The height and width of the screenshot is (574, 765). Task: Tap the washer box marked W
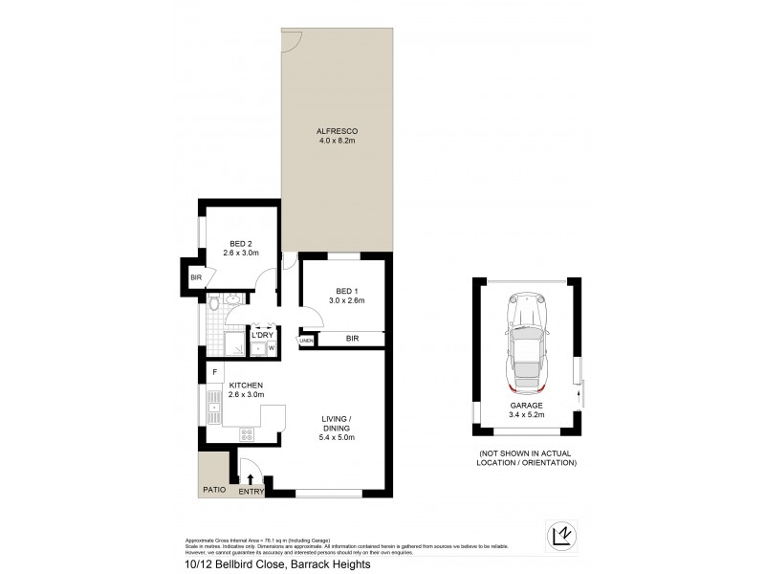click(271, 348)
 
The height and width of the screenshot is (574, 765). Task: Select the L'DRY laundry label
click(262, 335)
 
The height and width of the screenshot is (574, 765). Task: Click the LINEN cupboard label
click(306, 340)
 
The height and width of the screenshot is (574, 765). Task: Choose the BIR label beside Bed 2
click(196, 277)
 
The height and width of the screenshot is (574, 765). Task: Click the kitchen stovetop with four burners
click(246, 434)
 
